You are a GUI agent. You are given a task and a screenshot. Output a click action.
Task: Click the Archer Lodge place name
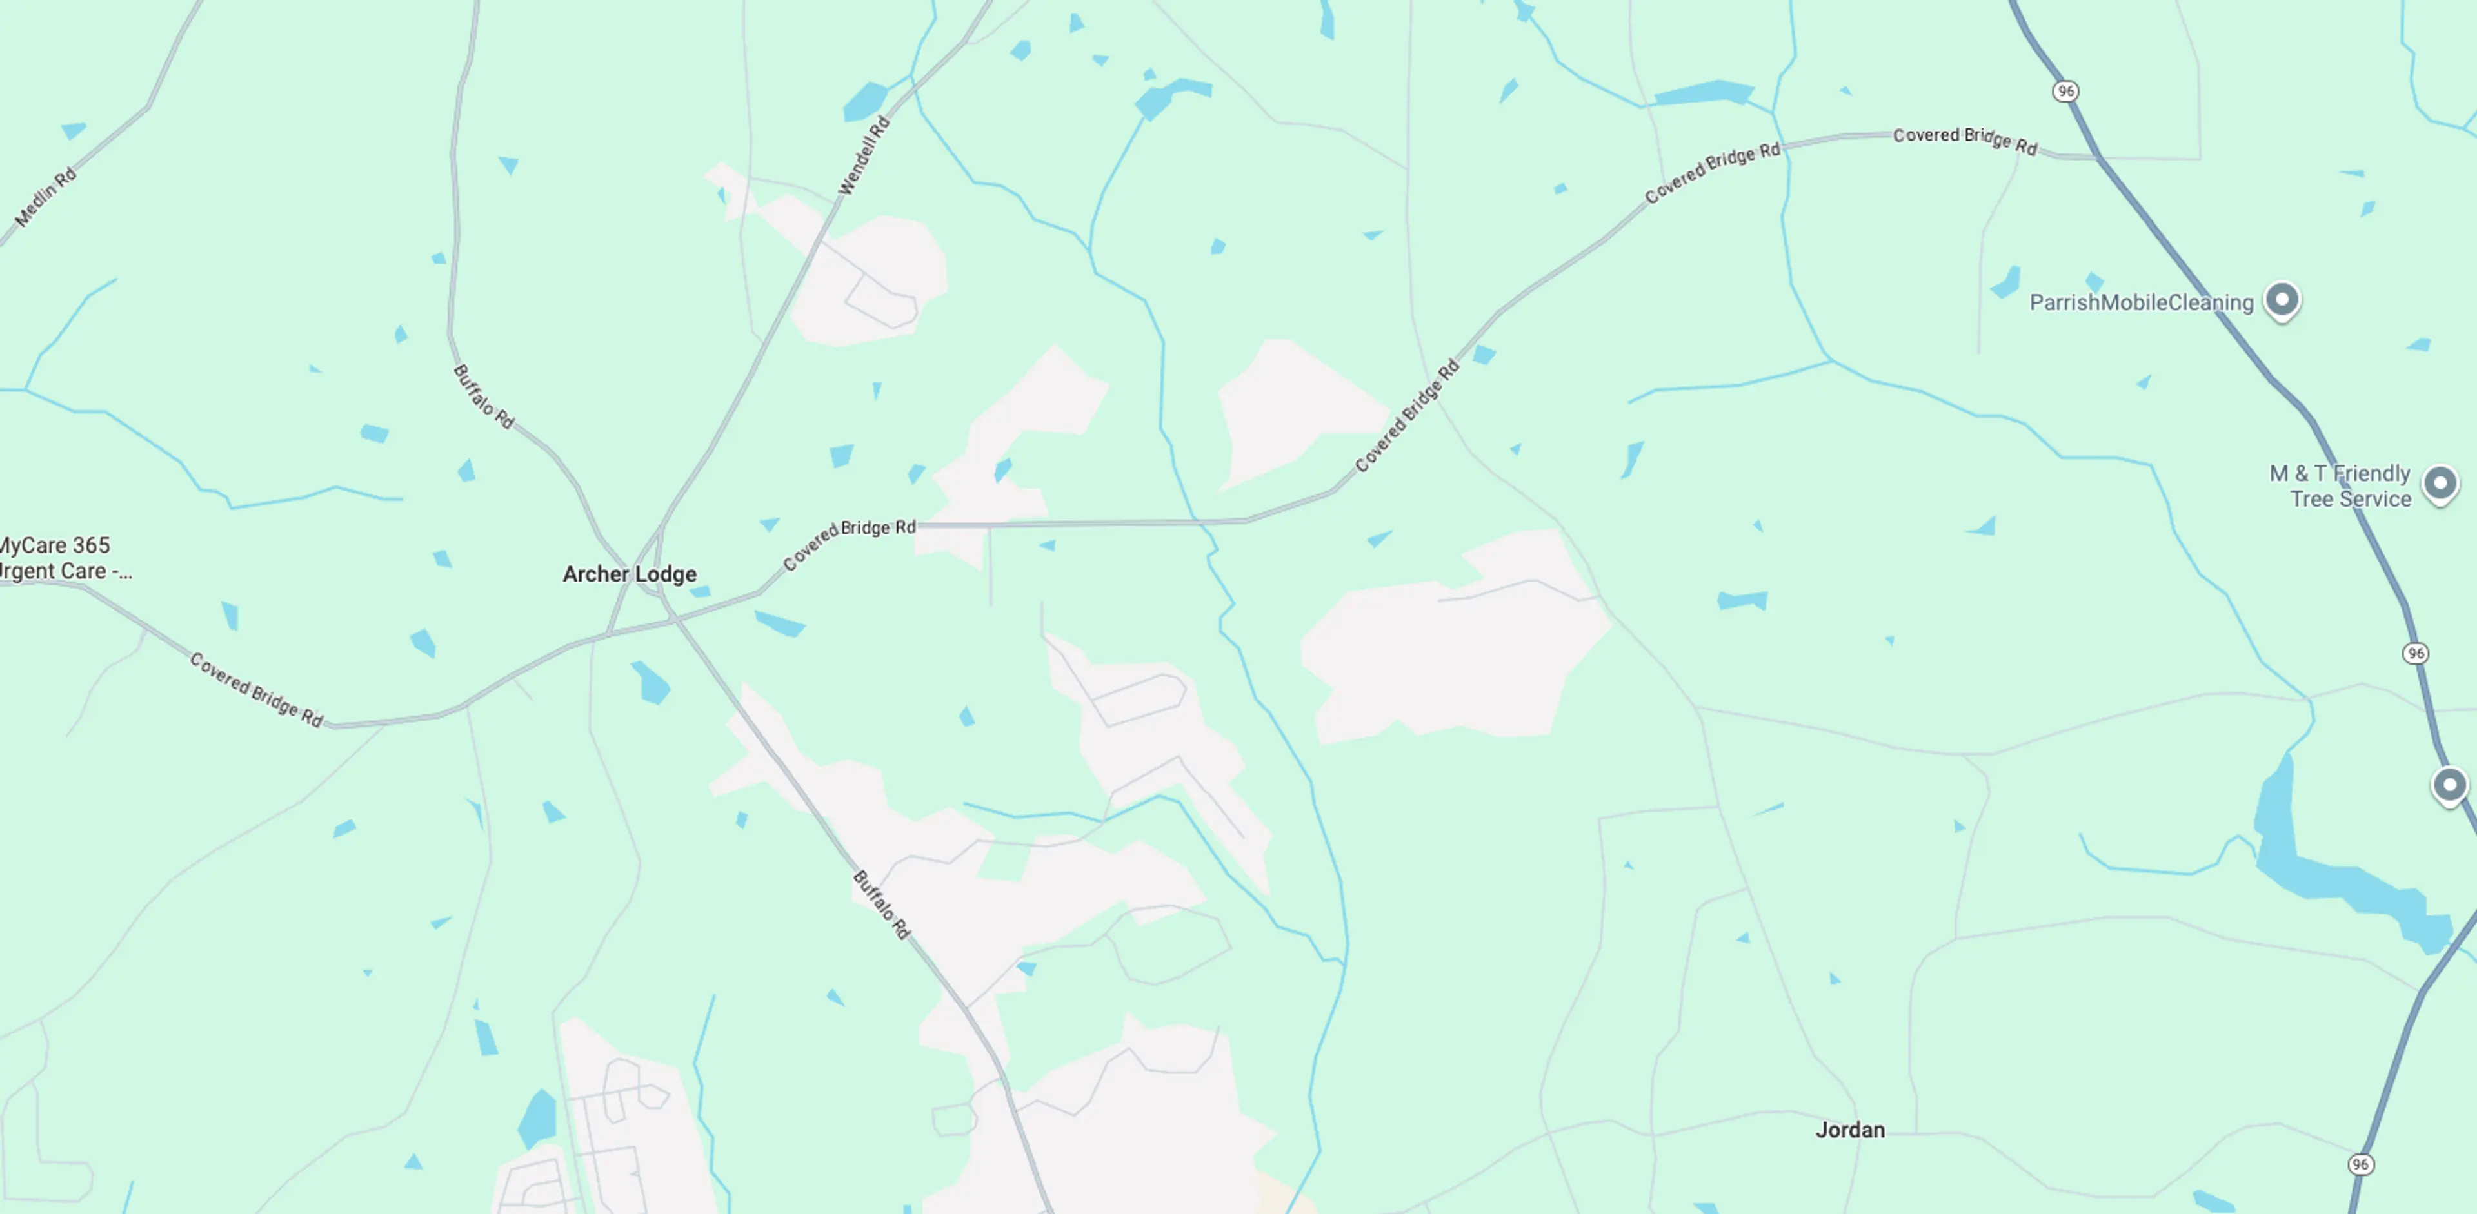click(x=629, y=574)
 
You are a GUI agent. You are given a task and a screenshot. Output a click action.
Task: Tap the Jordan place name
click(x=1849, y=1130)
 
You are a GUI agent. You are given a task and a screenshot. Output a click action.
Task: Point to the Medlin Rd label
click(x=45, y=197)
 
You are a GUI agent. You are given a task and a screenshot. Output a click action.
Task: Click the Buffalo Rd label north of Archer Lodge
click(x=484, y=396)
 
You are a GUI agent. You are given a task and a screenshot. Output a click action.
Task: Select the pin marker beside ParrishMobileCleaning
click(x=2282, y=299)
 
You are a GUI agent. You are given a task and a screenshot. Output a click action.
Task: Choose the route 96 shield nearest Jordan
click(x=2360, y=1164)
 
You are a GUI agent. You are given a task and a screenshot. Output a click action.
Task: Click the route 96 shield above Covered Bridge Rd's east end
click(x=2065, y=92)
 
